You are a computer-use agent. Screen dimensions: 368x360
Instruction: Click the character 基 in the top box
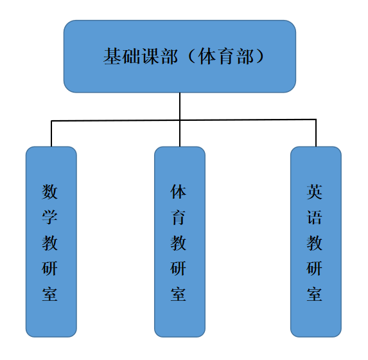(x=112, y=56)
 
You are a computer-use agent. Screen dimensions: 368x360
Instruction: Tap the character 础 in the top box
(x=132, y=56)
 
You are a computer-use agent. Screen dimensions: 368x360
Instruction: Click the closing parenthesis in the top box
(x=260, y=56)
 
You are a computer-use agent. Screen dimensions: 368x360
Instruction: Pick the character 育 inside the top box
(x=227, y=56)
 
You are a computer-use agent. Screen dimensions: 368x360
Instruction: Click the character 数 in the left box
(x=49, y=192)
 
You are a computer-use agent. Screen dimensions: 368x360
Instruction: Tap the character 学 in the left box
(x=49, y=217)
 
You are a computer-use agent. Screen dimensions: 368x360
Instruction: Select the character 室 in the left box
(x=49, y=294)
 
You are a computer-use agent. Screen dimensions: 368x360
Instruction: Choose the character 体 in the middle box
(x=179, y=192)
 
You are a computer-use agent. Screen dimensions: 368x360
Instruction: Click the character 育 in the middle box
(x=179, y=217)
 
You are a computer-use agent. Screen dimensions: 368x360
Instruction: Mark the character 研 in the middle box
(x=179, y=268)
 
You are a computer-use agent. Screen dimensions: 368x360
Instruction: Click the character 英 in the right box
(x=315, y=192)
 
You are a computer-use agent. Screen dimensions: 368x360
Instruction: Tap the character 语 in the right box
(x=315, y=217)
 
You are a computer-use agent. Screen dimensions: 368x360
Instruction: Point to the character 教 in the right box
(x=315, y=243)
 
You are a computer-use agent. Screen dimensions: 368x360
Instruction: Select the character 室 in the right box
(x=315, y=294)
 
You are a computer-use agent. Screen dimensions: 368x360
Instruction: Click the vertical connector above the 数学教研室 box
(x=51, y=134)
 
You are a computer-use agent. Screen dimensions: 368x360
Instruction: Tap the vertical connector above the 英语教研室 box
(x=316, y=133)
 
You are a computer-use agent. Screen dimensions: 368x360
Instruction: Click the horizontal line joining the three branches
(x=184, y=120)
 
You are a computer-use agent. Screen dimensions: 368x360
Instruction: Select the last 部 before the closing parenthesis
(x=246, y=56)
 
